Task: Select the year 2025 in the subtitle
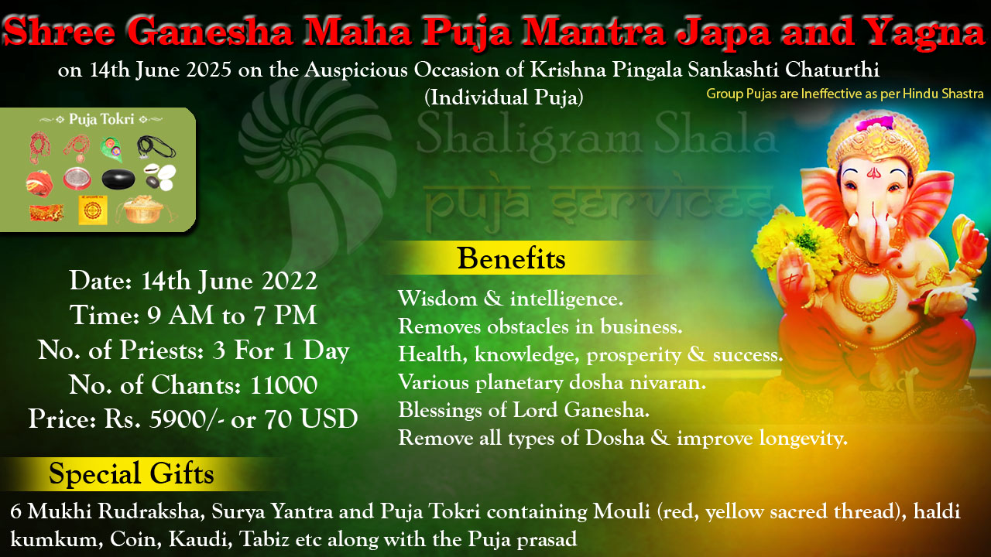209,70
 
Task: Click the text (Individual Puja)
504,97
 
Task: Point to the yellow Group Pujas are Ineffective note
845,94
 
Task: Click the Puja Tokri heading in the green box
101,119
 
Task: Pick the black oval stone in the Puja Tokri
118,179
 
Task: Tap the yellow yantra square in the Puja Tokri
93,210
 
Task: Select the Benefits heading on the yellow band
512,258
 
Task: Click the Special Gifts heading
132,474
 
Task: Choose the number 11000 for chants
283,385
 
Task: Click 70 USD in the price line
311,419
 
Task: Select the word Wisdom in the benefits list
437,299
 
